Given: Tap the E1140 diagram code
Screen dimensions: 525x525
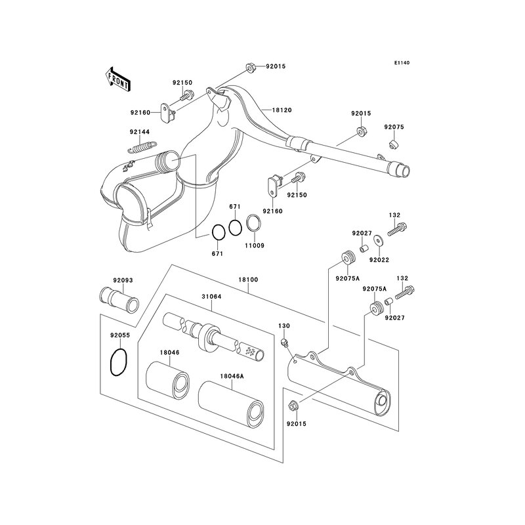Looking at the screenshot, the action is coord(402,63).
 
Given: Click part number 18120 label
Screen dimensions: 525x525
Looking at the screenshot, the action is coord(282,110).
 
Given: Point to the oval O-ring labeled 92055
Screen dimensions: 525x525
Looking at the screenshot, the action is coord(118,362).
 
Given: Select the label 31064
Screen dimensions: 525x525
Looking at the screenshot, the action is coord(211,297).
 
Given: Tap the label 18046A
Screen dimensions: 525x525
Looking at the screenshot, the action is coord(232,376).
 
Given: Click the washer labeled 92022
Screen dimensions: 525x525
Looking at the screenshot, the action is coord(379,240).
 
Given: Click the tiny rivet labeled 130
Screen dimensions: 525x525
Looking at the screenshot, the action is coord(284,341).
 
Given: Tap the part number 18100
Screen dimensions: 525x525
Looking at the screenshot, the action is coord(248,280).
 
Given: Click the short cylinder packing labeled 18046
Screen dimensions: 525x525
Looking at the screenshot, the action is coord(167,379).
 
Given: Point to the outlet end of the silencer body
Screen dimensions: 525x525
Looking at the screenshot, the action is coord(381,400).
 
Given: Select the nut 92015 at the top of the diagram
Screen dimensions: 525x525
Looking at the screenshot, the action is coord(250,68).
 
